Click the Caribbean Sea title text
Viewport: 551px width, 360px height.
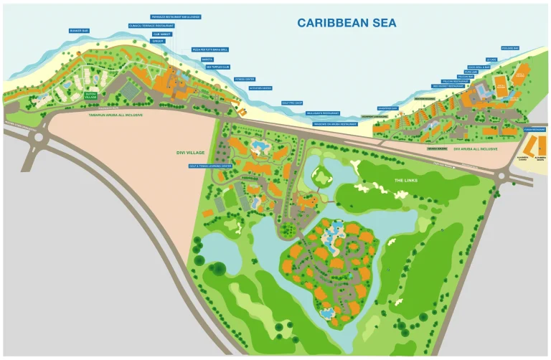pos(347,23)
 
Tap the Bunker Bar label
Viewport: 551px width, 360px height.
pos(79,31)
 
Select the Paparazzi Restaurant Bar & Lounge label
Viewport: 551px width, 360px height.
pos(176,16)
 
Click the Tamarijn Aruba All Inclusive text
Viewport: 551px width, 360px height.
pos(116,115)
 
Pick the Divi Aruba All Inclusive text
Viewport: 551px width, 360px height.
pos(475,149)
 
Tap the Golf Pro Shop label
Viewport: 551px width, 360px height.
pos(293,103)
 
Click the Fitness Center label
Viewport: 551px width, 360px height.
pos(245,79)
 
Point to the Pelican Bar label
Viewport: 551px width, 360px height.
pos(465,76)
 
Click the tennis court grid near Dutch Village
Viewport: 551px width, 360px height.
pos(129,91)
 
